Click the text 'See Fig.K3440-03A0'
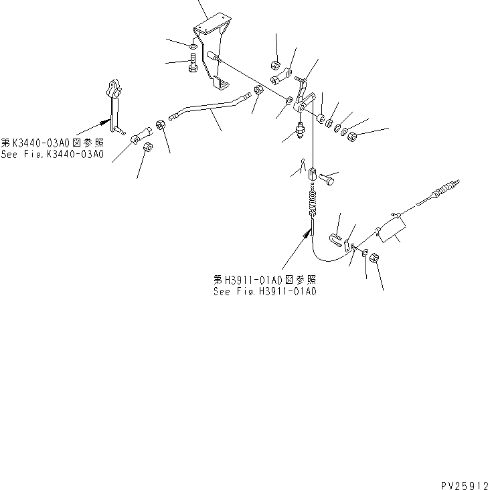pyautogui.click(x=53, y=155)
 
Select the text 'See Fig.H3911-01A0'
pyautogui.click(x=265, y=291)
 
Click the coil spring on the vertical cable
pyautogui.click(x=313, y=201)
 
